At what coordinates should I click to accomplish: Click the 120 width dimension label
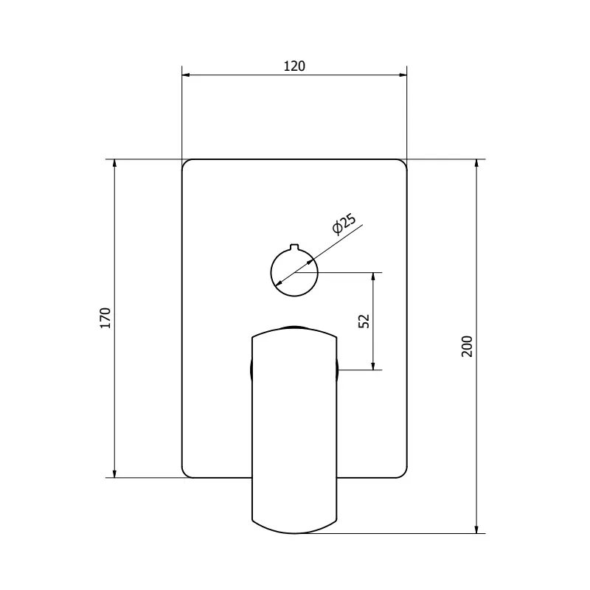click(294, 66)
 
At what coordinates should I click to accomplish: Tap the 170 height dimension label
click(105, 318)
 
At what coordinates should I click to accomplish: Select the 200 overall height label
click(467, 346)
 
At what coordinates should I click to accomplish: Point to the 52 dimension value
click(364, 321)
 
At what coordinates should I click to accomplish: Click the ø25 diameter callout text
click(344, 224)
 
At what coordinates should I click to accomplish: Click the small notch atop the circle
click(294, 247)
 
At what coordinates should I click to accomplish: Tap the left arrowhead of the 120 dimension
click(187, 75)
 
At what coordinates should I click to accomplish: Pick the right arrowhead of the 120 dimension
click(402, 75)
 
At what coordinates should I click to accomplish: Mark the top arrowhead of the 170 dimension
click(114, 164)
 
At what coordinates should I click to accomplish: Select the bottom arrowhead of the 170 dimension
click(114, 473)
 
